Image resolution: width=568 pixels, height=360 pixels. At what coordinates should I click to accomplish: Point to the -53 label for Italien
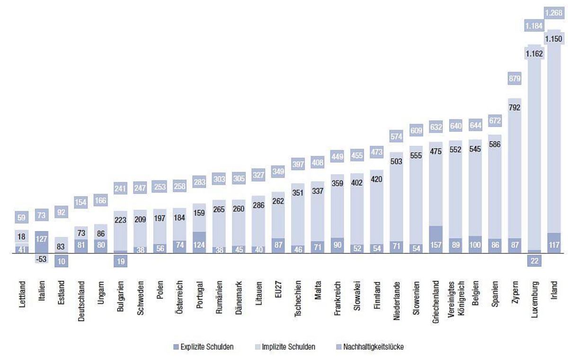point(42,260)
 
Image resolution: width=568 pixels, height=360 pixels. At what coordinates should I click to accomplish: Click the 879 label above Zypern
point(515,79)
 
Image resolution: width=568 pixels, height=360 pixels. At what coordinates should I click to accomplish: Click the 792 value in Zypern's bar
point(515,108)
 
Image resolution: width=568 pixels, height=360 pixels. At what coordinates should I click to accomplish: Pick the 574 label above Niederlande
point(397,136)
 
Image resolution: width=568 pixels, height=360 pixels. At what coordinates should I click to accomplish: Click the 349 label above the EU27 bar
point(278,171)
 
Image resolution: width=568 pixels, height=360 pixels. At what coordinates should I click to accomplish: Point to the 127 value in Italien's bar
point(42,239)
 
